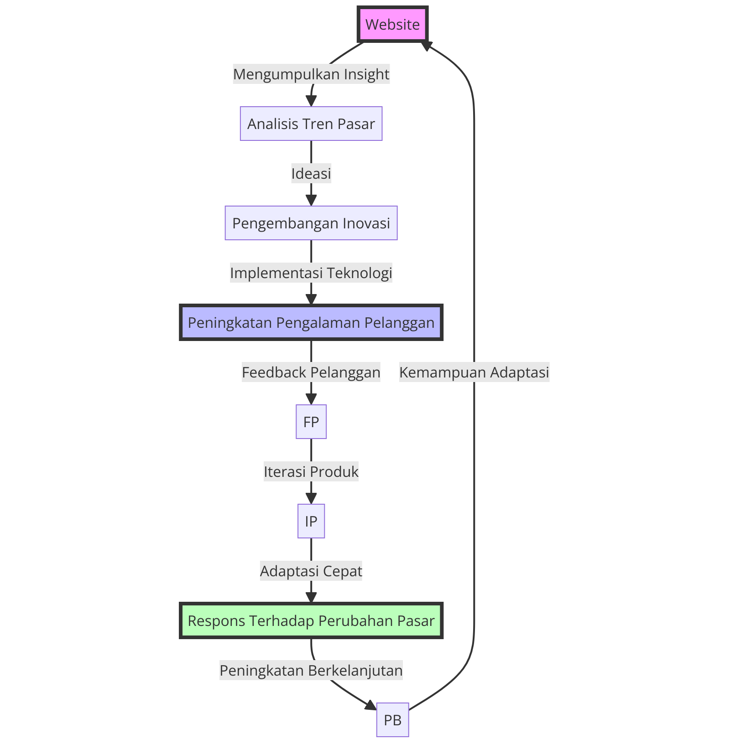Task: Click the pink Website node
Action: click(392, 24)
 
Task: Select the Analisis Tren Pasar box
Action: click(311, 124)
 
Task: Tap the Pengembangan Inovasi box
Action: click(311, 223)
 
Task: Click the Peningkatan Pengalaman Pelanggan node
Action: click(311, 323)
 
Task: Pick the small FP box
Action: click(311, 422)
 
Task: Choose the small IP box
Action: click(311, 521)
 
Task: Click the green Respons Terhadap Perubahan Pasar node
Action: click(311, 621)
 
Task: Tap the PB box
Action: click(392, 720)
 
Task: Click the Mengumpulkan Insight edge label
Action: click(311, 74)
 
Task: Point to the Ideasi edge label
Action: click(311, 174)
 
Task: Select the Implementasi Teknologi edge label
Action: click(311, 273)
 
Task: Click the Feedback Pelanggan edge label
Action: click(311, 372)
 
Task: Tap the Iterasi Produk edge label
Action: click(311, 472)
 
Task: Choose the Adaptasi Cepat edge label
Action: click(311, 571)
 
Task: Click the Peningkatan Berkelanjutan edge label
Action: click(311, 671)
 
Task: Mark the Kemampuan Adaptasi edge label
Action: click(474, 372)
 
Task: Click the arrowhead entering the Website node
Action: click(427, 45)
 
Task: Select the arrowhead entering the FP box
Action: click(311, 399)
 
